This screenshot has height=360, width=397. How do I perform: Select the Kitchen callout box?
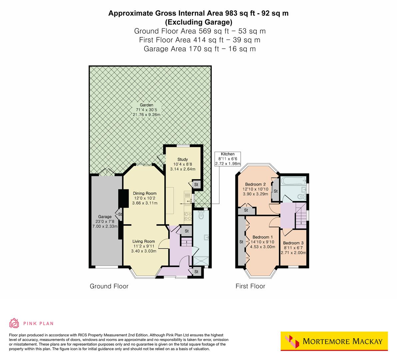(228, 159)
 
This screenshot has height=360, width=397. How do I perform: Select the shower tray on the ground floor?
(201, 261)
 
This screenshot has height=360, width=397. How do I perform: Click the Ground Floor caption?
(109, 286)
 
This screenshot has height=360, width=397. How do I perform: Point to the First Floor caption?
(250, 286)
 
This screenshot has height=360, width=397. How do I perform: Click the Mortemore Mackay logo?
(334, 341)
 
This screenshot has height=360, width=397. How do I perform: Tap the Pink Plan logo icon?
(14, 323)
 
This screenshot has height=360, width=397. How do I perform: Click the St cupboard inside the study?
(196, 184)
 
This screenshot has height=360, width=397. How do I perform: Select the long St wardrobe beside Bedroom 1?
(240, 241)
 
